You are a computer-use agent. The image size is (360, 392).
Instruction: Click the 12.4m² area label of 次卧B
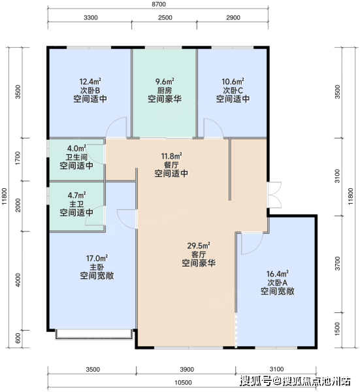90,82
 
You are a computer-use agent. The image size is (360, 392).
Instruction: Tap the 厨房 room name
165,90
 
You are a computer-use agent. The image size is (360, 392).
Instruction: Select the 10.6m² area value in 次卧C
233,82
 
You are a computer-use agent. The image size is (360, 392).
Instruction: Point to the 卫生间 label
76,157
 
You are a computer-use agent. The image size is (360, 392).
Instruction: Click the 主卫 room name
76,204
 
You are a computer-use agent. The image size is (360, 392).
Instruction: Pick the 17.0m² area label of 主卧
97,258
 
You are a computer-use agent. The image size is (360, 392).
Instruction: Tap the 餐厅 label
171,165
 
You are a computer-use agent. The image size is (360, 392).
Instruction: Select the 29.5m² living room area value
199,246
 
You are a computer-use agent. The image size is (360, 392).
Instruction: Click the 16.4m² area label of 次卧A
278,274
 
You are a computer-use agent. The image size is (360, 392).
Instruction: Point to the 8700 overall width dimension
159,5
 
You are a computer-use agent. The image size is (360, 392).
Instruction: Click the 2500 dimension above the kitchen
165,18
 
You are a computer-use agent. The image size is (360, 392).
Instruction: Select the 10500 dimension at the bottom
183,383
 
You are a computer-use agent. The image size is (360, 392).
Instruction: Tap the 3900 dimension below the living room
187,370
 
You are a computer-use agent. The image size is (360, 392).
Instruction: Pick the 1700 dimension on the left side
18,158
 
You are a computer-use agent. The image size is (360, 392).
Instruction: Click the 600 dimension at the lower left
18,338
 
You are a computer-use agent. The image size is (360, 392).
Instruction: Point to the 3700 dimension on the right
338,263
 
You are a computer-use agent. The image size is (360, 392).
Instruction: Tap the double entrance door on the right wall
274,195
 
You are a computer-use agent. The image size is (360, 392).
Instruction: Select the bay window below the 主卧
93,335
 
